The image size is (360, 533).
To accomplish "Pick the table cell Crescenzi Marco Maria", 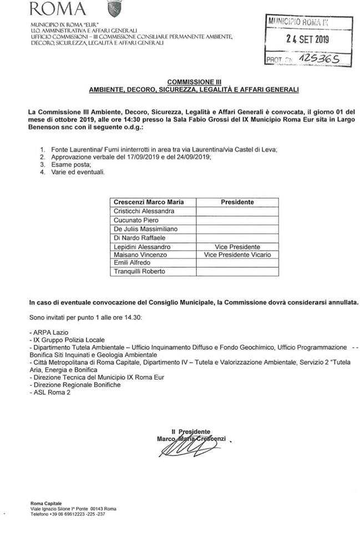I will click(149, 202).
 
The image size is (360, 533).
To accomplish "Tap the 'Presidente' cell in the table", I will click(237, 202).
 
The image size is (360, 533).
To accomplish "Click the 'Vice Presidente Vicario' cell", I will click(237, 254).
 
